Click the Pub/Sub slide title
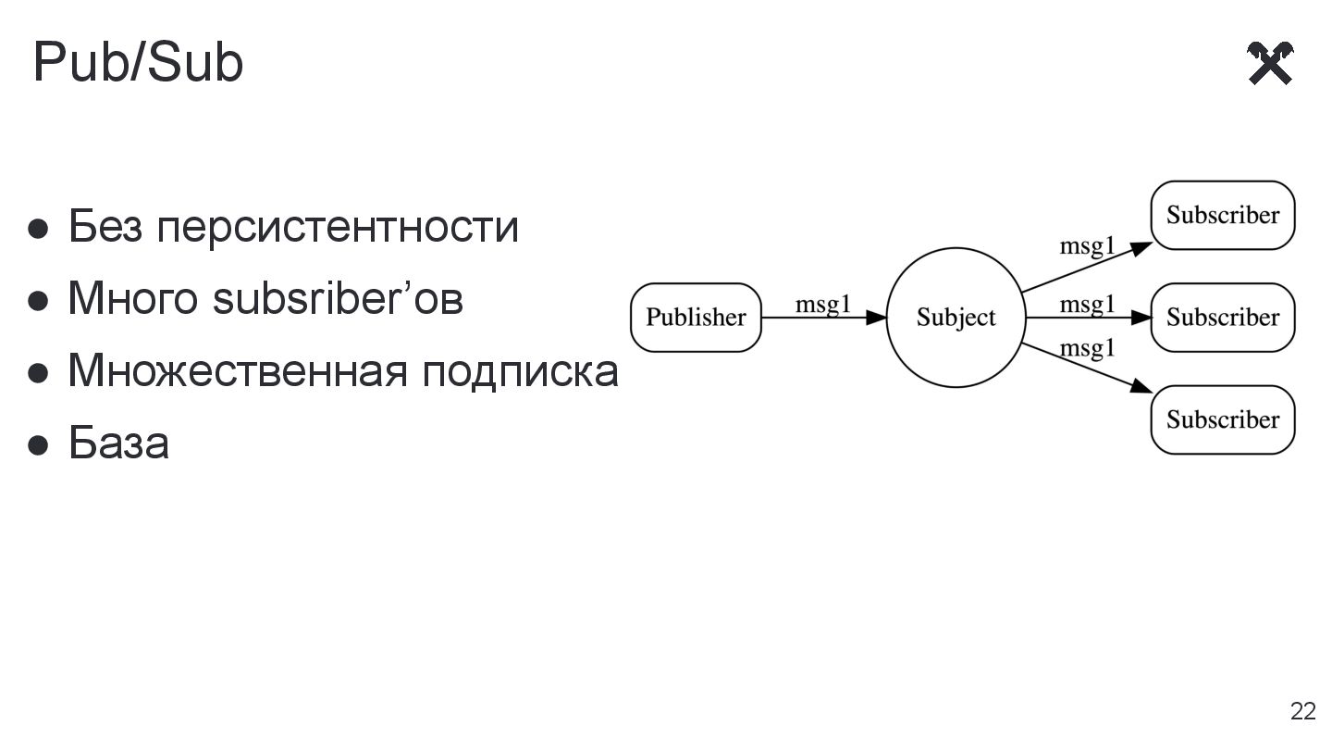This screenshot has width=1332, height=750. pos(138,63)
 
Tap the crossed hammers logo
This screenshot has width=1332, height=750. pos(1270,63)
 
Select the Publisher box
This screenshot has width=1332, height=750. pos(696,318)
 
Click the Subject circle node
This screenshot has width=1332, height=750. pos(956,318)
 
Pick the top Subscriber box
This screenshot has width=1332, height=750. pos(1222,216)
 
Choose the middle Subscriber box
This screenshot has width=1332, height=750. pos(1222,318)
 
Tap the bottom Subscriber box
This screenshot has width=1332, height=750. pos(1222,419)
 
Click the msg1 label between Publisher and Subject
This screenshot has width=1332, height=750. pos(822,305)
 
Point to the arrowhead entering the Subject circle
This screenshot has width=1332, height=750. pos(876,318)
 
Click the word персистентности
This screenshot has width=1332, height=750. pos(337,227)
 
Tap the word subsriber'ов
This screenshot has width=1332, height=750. pos(338,298)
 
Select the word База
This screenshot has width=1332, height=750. pos(118,443)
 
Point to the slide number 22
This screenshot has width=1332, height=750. pos(1302,711)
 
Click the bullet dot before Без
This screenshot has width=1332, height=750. pos(38,229)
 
